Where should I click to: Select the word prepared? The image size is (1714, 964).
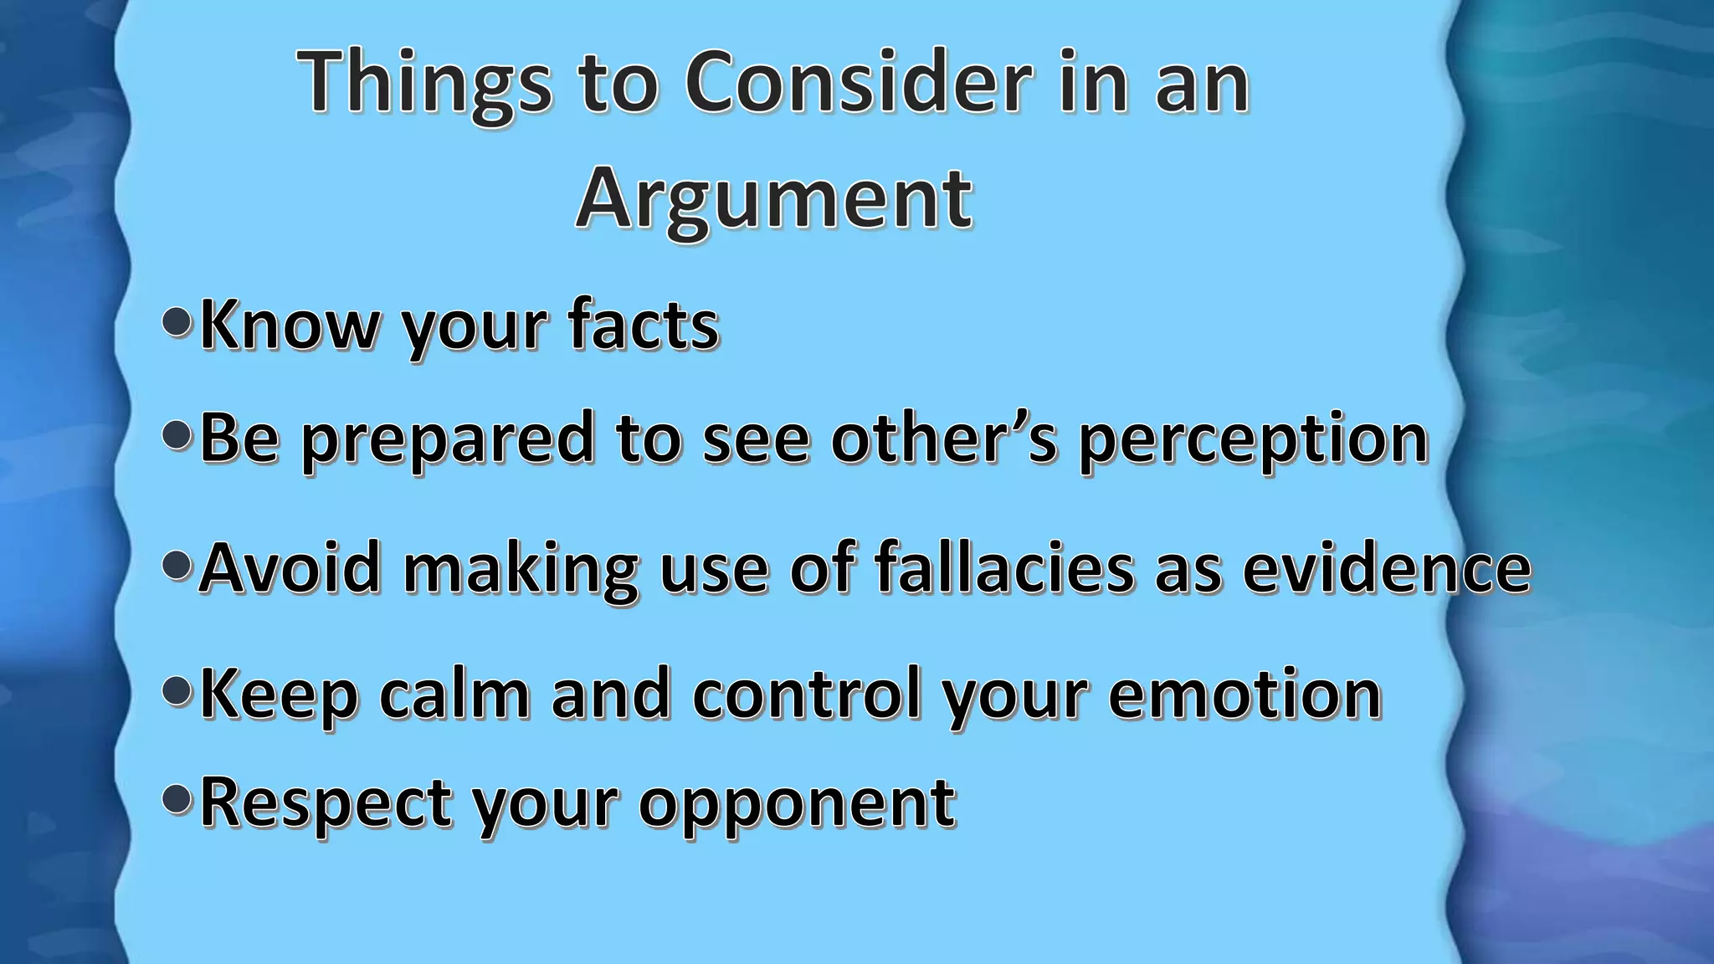pos(448,439)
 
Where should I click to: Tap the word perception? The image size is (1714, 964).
pos(1253,439)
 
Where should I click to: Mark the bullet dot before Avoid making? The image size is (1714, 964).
pos(177,567)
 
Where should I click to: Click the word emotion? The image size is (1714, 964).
pos(1244,695)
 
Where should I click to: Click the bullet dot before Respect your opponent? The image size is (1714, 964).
pos(177,800)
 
